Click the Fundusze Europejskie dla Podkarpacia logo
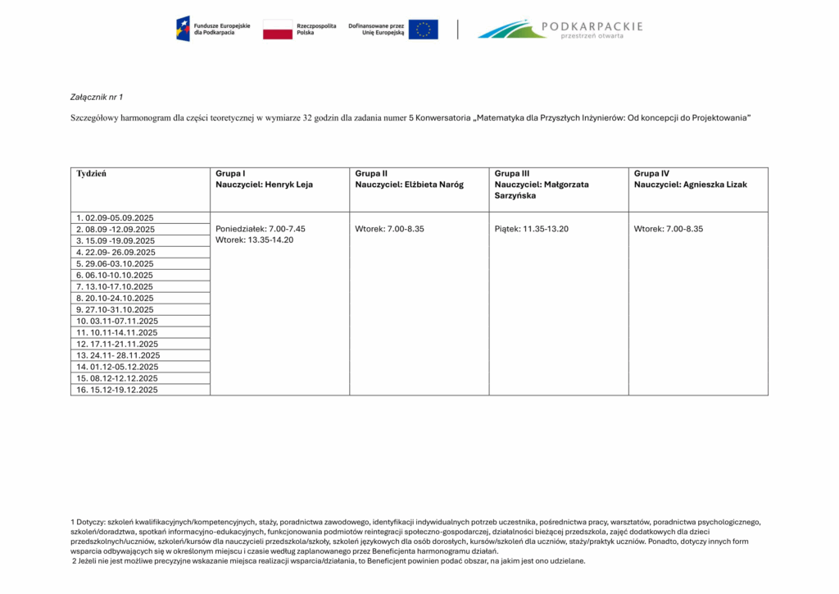(206, 30)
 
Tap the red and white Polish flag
(278, 30)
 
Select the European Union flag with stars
(423, 30)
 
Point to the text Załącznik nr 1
(97, 97)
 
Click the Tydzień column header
(91, 174)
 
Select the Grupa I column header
(230, 174)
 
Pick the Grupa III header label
(513, 174)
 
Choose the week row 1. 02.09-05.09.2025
(116, 217)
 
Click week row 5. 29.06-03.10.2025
(116, 263)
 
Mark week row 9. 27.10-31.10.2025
(116, 309)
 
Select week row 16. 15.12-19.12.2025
(117, 390)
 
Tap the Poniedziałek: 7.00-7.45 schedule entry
(260, 229)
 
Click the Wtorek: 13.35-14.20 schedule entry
(254, 240)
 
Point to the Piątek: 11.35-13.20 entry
(531, 229)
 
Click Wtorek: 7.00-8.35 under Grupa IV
(668, 229)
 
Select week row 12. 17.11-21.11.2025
(117, 344)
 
